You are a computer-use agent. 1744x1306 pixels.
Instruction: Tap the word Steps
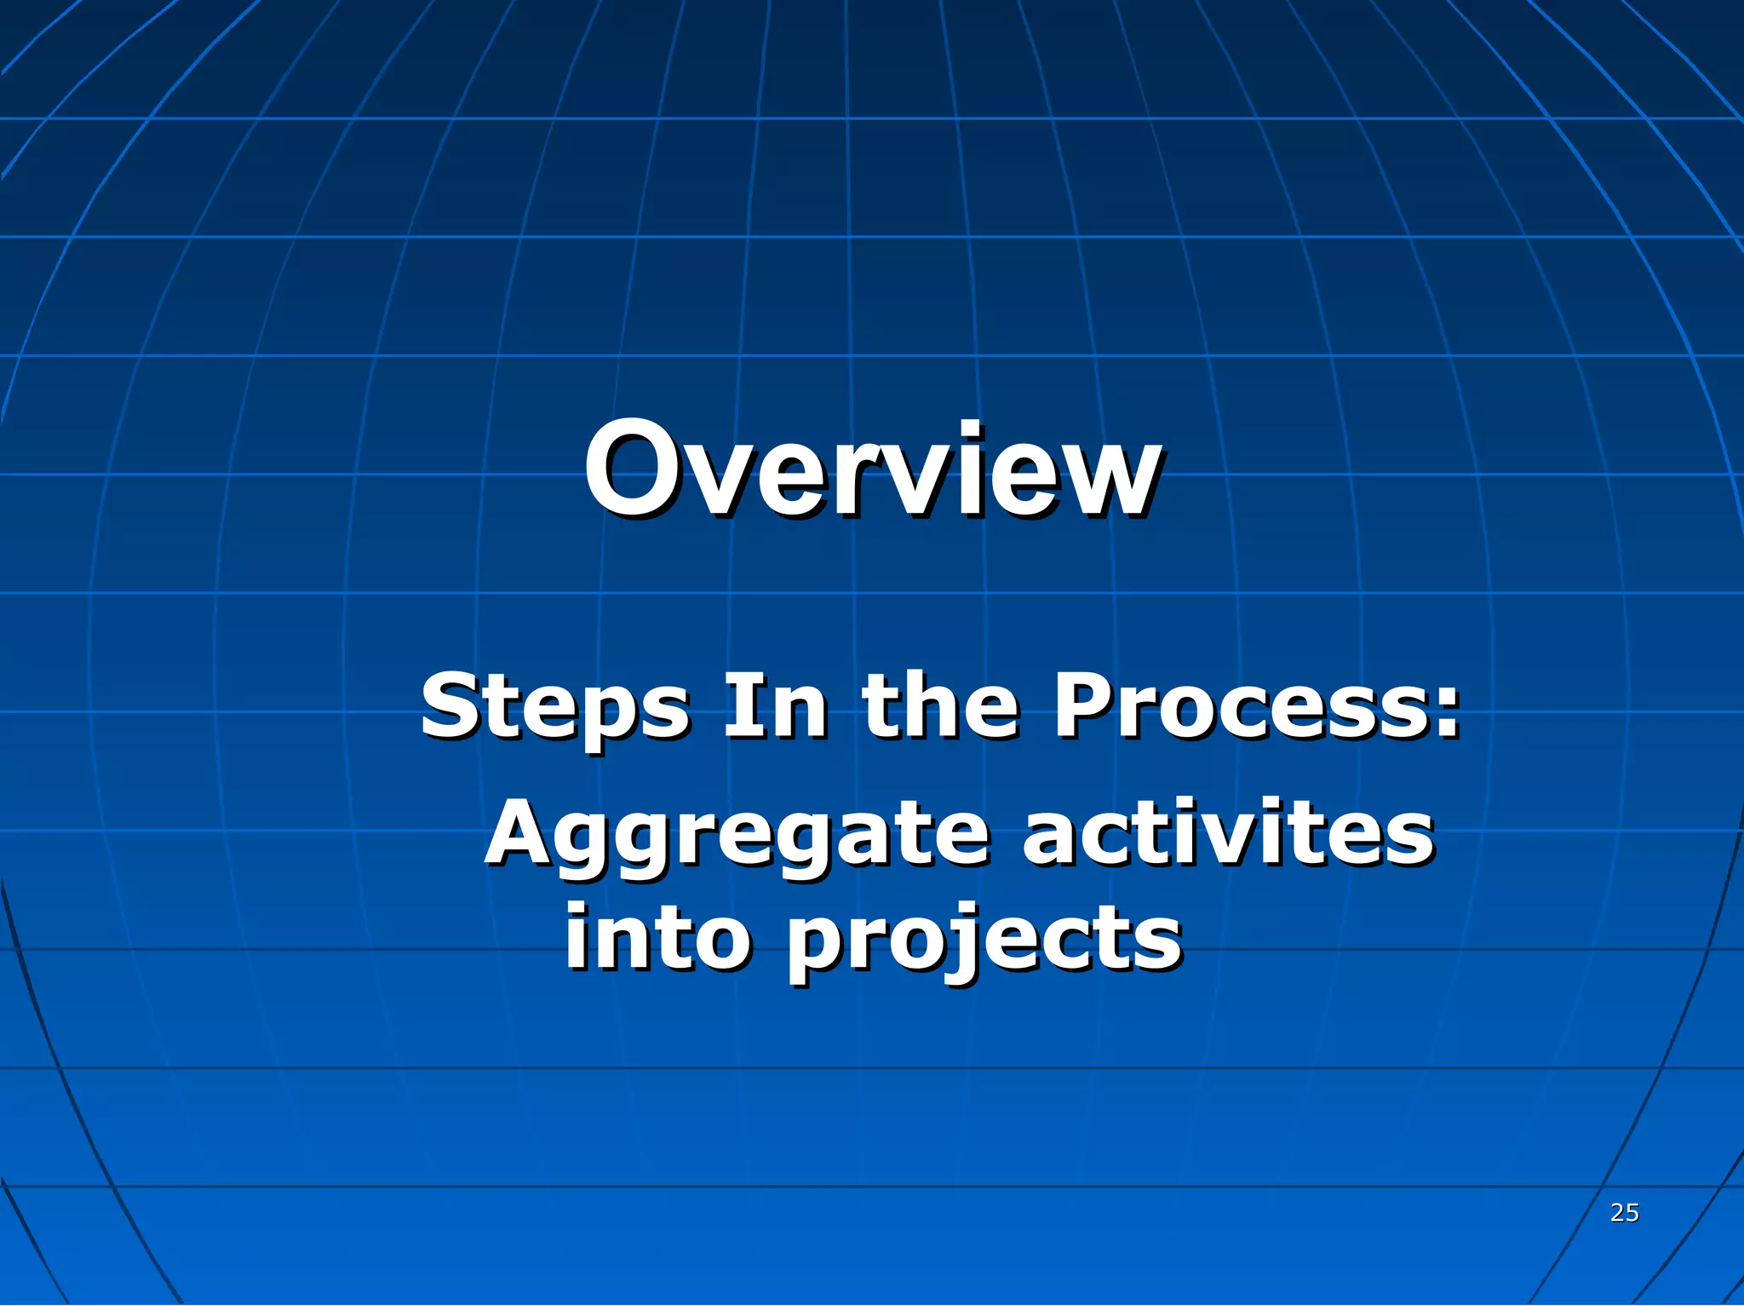coord(554,706)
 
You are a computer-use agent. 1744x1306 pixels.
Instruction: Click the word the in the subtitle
coord(939,706)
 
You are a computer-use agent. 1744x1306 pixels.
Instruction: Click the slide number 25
coord(1624,1212)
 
